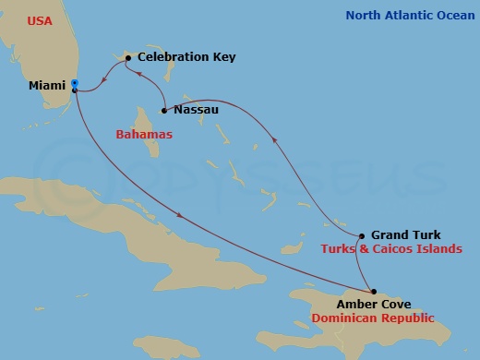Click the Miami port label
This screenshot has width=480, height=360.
click(47, 86)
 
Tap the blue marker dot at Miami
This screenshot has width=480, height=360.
click(75, 84)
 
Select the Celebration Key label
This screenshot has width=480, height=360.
click(186, 57)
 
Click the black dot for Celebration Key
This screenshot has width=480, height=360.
click(127, 58)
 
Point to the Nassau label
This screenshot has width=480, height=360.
click(196, 110)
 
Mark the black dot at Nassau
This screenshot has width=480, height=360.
click(163, 111)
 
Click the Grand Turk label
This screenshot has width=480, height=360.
click(405, 235)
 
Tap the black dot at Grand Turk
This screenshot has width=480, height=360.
click(362, 235)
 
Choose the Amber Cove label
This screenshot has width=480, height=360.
click(374, 304)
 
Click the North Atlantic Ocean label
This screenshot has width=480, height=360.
click(410, 15)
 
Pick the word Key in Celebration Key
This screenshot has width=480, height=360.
click(223, 57)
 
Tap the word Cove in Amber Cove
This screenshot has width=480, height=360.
click(396, 304)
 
